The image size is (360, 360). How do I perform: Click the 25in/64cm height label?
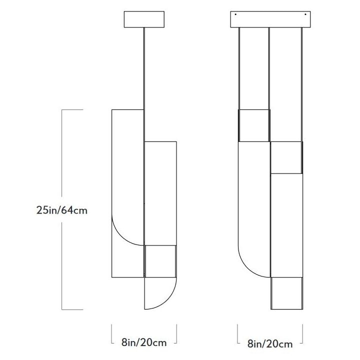tap(62, 210)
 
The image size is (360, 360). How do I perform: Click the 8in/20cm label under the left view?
tap(143, 342)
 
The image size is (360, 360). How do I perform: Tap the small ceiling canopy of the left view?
tap(144, 20)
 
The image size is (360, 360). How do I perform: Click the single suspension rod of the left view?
tap(144, 70)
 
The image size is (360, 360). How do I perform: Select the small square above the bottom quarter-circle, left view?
tap(160, 260)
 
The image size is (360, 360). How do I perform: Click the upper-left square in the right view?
tap(253, 125)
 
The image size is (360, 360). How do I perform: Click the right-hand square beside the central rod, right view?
tap(286, 157)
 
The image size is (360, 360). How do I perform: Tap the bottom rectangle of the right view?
tap(286, 294)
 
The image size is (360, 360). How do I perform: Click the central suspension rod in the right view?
tap(269, 70)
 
